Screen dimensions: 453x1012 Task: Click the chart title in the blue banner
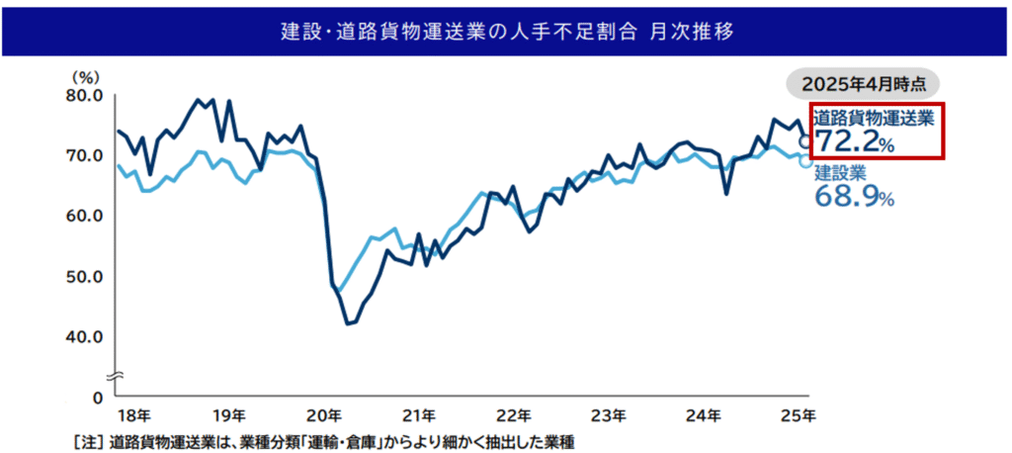click(506, 31)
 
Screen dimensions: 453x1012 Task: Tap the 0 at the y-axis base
click(97, 397)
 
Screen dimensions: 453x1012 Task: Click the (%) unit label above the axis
click(85, 75)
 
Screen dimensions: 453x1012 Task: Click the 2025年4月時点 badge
click(863, 84)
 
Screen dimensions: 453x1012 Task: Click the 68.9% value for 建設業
click(854, 197)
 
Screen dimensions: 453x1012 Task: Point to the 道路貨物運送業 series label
click(873, 117)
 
